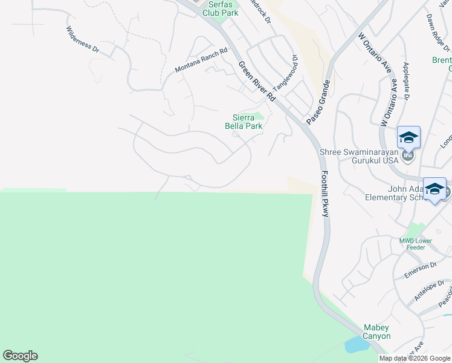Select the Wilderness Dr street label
point(82,39)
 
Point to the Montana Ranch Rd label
point(201,60)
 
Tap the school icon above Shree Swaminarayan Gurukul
point(408,138)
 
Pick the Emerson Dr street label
point(421,270)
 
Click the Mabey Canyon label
point(377,332)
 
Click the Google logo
point(20,356)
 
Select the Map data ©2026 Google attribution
point(415,358)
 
